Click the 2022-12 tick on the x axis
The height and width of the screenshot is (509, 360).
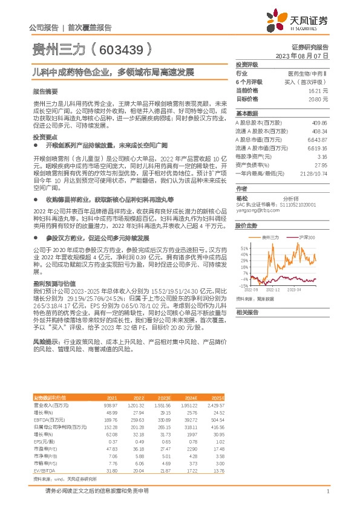point(275,290)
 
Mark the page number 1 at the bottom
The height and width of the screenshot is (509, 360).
point(327,492)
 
